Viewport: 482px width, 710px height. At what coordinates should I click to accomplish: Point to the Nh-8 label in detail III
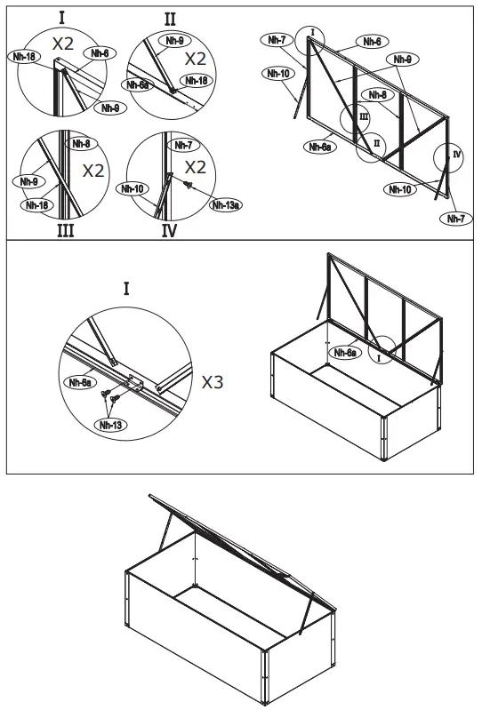(80, 144)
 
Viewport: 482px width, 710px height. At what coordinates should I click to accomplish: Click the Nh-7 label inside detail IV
(183, 145)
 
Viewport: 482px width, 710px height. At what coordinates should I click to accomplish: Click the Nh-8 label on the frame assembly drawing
(378, 94)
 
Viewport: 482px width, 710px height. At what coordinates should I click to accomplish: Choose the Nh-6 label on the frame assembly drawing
(373, 41)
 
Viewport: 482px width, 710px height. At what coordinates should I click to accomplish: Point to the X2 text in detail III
(94, 171)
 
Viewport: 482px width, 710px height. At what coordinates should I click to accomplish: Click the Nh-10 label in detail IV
(133, 188)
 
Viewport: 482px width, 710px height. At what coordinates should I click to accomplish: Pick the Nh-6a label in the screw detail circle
(82, 382)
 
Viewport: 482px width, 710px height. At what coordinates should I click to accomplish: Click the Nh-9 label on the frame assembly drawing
(401, 60)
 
